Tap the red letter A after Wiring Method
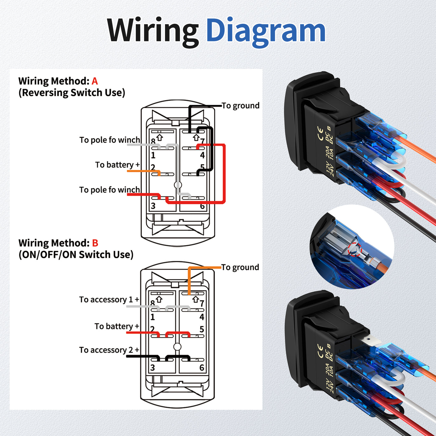95,81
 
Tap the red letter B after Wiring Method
95,243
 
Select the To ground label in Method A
240,106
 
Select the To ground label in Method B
240,267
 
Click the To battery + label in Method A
117,164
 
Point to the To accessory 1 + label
109,300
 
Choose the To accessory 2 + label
109,350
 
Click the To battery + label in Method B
117,326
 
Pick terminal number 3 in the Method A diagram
153,206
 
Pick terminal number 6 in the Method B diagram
202,368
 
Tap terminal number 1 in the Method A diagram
153,155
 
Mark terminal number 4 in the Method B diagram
202,317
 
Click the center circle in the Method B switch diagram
177,347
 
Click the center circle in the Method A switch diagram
178,185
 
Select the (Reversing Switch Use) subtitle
72,93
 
